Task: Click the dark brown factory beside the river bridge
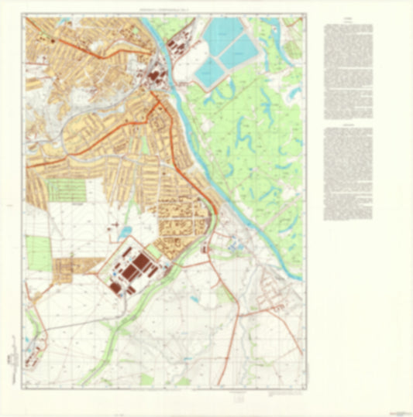click(x=155, y=77)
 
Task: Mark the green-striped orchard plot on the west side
click(x=65, y=189)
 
